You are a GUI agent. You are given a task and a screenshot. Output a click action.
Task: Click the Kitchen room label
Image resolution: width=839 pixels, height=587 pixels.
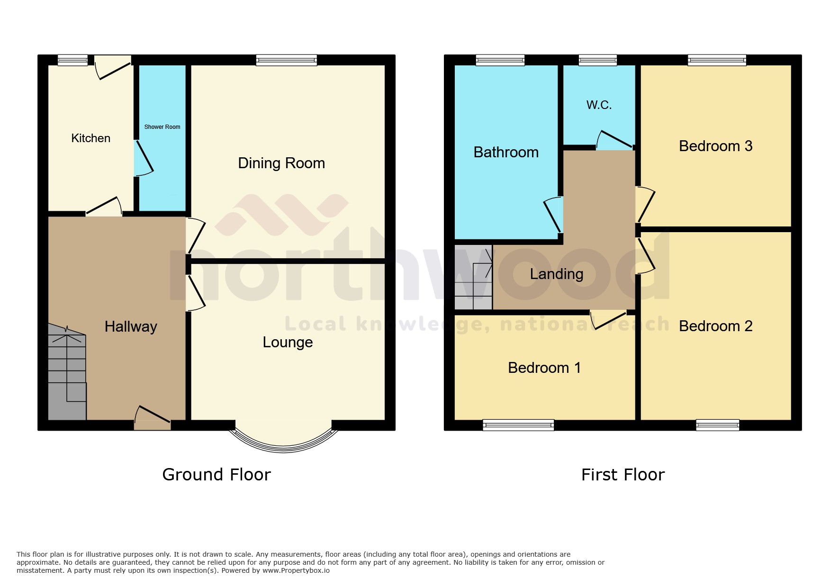90,138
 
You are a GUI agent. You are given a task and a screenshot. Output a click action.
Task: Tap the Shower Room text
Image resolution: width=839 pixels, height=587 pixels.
162,127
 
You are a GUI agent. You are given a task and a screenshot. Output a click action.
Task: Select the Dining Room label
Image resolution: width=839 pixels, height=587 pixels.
281,163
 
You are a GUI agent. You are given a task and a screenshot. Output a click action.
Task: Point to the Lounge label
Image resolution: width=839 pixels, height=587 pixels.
288,342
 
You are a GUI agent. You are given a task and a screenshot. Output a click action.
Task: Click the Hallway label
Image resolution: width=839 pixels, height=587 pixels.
131,326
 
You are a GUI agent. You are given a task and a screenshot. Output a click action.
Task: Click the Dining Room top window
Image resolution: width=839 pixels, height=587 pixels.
286,60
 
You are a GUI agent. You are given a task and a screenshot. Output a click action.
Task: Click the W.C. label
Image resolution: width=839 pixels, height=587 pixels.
599,105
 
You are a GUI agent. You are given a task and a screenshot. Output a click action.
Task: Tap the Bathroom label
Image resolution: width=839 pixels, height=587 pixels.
506,152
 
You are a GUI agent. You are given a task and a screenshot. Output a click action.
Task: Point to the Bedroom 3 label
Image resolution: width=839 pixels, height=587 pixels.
715,146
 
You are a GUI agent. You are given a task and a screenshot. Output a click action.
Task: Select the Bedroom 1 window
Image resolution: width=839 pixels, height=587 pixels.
518,425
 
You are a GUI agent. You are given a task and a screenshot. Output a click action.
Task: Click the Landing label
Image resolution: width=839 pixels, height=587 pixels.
556,274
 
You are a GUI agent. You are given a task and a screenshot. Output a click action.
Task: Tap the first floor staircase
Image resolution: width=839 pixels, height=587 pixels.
473,277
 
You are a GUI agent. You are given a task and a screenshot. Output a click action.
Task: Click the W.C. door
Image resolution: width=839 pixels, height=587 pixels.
614,141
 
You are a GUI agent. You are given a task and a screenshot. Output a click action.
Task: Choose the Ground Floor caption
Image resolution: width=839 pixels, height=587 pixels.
217,475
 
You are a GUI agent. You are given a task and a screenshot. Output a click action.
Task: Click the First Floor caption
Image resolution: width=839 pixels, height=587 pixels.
622,475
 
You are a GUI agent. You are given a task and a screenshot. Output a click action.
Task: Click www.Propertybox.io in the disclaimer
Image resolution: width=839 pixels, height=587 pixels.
296,570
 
